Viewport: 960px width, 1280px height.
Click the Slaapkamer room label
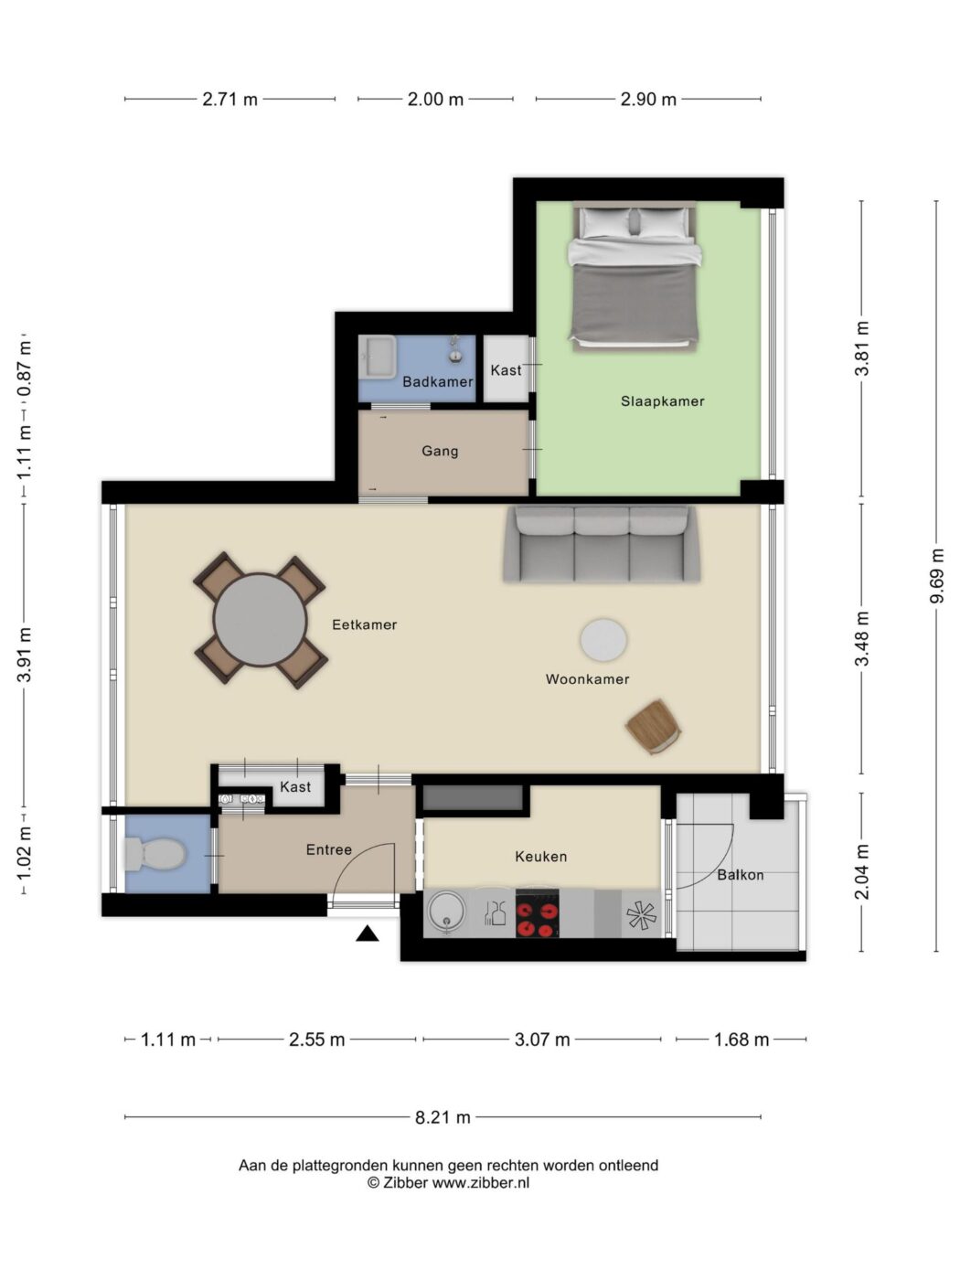(662, 401)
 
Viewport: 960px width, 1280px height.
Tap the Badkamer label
(438, 382)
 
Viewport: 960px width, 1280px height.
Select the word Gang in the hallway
(440, 452)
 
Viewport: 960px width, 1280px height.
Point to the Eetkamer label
(364, 624)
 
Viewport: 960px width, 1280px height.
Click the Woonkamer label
(587, 678)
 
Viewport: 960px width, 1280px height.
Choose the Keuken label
(541, 856)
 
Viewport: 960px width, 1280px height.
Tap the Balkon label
(741, 875)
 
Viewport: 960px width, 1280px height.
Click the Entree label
(329, 849)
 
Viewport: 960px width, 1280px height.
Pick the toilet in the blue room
(155, 854)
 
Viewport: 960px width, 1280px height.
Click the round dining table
(260, 619)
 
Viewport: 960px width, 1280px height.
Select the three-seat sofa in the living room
(602, 544)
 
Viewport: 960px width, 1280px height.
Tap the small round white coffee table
(603, 640)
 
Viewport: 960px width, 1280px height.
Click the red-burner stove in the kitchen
(538, 913)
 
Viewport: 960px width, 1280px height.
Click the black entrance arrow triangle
(368, 933)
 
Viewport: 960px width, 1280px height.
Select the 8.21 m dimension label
(443, 1117)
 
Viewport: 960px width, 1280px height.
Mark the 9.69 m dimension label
(936, 576)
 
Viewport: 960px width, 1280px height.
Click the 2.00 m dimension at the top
(435, 100)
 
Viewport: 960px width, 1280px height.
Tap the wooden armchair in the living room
(654, 727)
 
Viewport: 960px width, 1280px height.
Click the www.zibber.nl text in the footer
(480, 1182)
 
